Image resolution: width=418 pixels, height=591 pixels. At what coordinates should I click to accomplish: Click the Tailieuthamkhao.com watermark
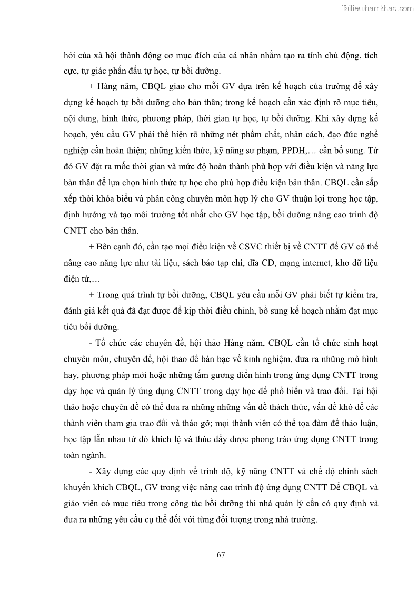tap(377, 8)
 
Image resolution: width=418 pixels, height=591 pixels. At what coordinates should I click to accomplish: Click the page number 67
tap(221, 554)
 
